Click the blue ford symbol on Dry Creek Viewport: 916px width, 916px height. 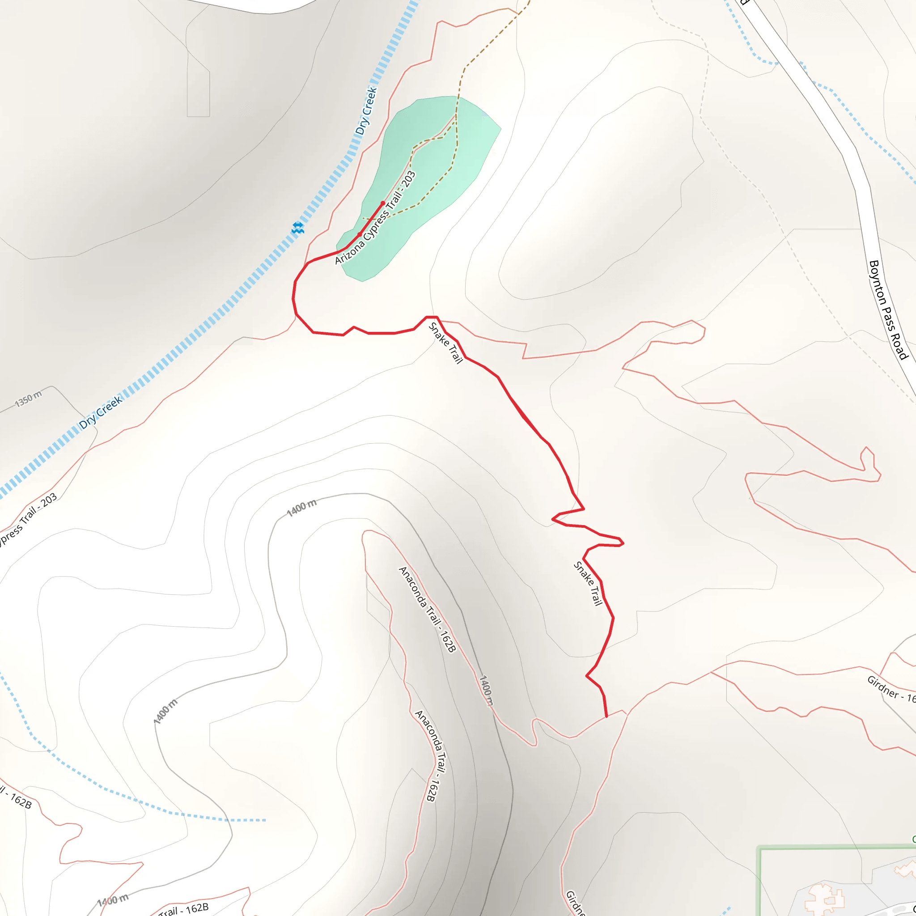click(298, 228)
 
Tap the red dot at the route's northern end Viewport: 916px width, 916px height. click(383, 204)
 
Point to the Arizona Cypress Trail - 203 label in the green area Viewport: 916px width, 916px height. click(376, 218)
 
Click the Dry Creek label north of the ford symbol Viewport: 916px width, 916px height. click(366, 111)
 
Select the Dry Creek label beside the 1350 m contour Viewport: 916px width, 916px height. click(101, 412)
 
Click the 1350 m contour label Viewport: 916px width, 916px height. click(29, 399)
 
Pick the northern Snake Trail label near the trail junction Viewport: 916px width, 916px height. click(445, 343)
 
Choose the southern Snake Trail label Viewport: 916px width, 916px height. click(589, 584)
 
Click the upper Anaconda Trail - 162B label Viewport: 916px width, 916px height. click(428, 609)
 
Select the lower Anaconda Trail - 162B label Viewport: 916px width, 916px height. click(433, 756)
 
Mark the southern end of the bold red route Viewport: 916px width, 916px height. click(606, 717)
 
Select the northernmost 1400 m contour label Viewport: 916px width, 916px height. click(302, 508)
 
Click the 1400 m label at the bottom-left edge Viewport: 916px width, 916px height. click(113, 900)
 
